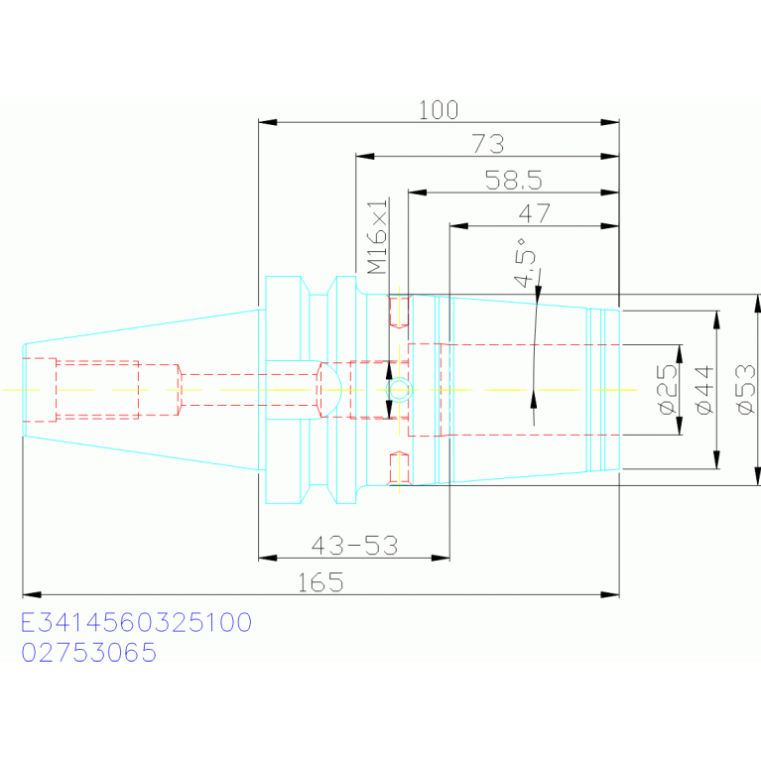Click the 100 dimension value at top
pyautogui.click(x=439, y=110)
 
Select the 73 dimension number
pyautogui.click(x=488, y=144)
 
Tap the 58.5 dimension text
pyautogui.click(x=514, y=180)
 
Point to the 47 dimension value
pyautogui.click(x=535, y=213)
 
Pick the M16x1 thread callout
pyautogui.click(x=378, y=236)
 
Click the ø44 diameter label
pyautogui.click(x=705, y=390)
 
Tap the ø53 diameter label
pyautogui.click(x=746, y=390)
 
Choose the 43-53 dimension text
pyautogui.click(x=354, y=546)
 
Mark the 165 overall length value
pyautogui.click(x=320, y=582)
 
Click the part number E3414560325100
pyautogui.click(x=136, y=622)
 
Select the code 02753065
pyautogui.click(x=89, y=652)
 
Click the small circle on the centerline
pyautogui.click(x=399, y=389)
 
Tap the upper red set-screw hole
pyautogui.click(x=399, y=312)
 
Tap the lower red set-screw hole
pyautogui.click(x=399, y=468)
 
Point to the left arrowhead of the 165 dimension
pyautogui.click(x=32, y=594)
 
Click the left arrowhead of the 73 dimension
pyautogui.click(x=365, y=157)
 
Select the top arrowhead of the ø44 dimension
pyautogui.click(x=716, y=320)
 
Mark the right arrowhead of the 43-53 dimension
pyautogui.click(x=441, y=559)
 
